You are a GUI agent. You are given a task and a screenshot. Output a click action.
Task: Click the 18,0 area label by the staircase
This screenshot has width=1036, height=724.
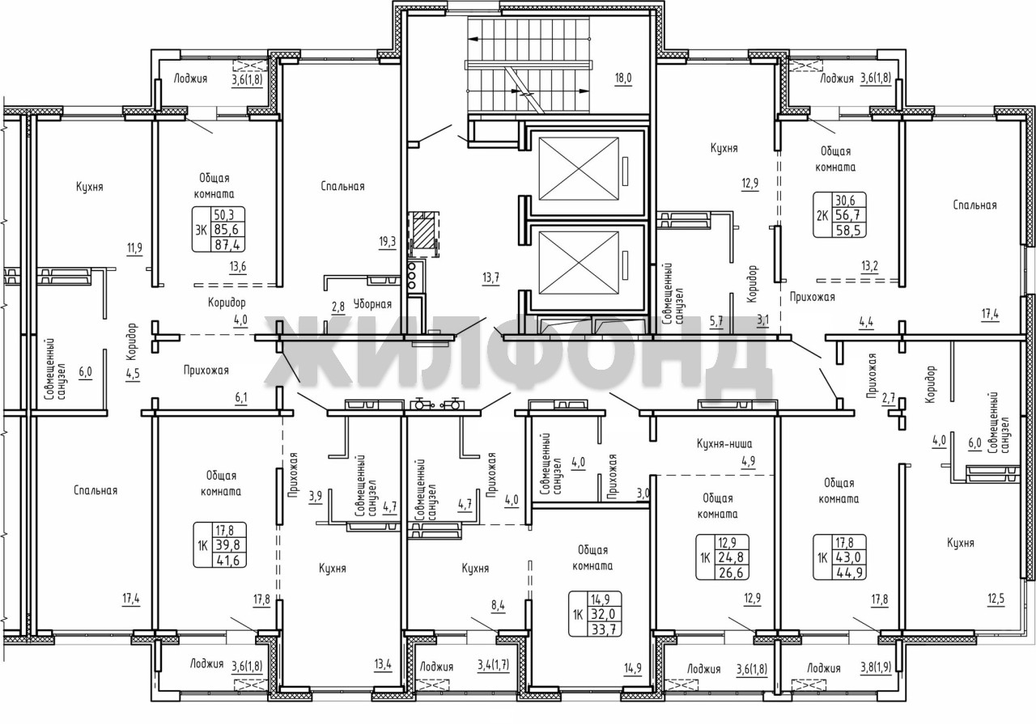point(623,78)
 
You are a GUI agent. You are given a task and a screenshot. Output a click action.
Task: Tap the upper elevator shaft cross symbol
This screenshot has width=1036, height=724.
point(579,169)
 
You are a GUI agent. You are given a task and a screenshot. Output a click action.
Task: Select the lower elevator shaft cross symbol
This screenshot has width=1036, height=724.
point(579,263)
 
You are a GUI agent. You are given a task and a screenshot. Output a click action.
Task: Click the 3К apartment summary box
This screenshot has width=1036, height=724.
point(219,229)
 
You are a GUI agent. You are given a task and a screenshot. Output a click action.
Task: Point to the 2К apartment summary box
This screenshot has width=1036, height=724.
point(840,215)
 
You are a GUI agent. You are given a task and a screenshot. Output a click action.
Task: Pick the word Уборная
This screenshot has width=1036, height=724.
point(372,304)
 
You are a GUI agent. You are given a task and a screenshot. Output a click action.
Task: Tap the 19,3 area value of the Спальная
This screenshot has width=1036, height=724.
point(388,242)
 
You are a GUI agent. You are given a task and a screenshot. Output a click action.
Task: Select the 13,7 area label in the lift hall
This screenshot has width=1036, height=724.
point(490,277)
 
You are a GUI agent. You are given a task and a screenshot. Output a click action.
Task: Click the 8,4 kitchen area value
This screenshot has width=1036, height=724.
point(498,606)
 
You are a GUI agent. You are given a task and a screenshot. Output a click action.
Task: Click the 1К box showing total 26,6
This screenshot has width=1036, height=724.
point(723,557)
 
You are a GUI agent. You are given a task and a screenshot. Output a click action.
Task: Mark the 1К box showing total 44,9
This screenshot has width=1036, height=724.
point(840,557)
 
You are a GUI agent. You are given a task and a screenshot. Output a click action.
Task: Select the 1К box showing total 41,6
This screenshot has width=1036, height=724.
point(219,545)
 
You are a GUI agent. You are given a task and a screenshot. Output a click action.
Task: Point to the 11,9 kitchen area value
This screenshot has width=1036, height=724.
point(134,248)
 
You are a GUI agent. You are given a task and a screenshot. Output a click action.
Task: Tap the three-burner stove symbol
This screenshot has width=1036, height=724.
point(415,276)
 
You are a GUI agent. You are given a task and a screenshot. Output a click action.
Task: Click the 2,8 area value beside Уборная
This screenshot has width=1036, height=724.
point(338,307)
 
